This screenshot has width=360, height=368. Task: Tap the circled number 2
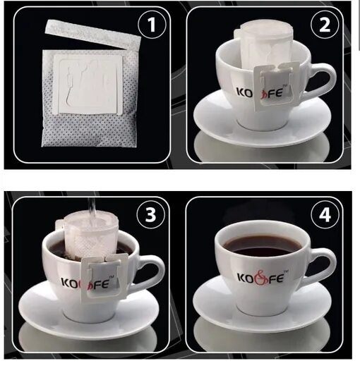(325, 25)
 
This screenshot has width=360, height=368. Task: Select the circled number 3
(151, 214)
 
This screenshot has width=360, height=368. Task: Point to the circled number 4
(325, 214)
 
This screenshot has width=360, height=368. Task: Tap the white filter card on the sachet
(88, 85)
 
